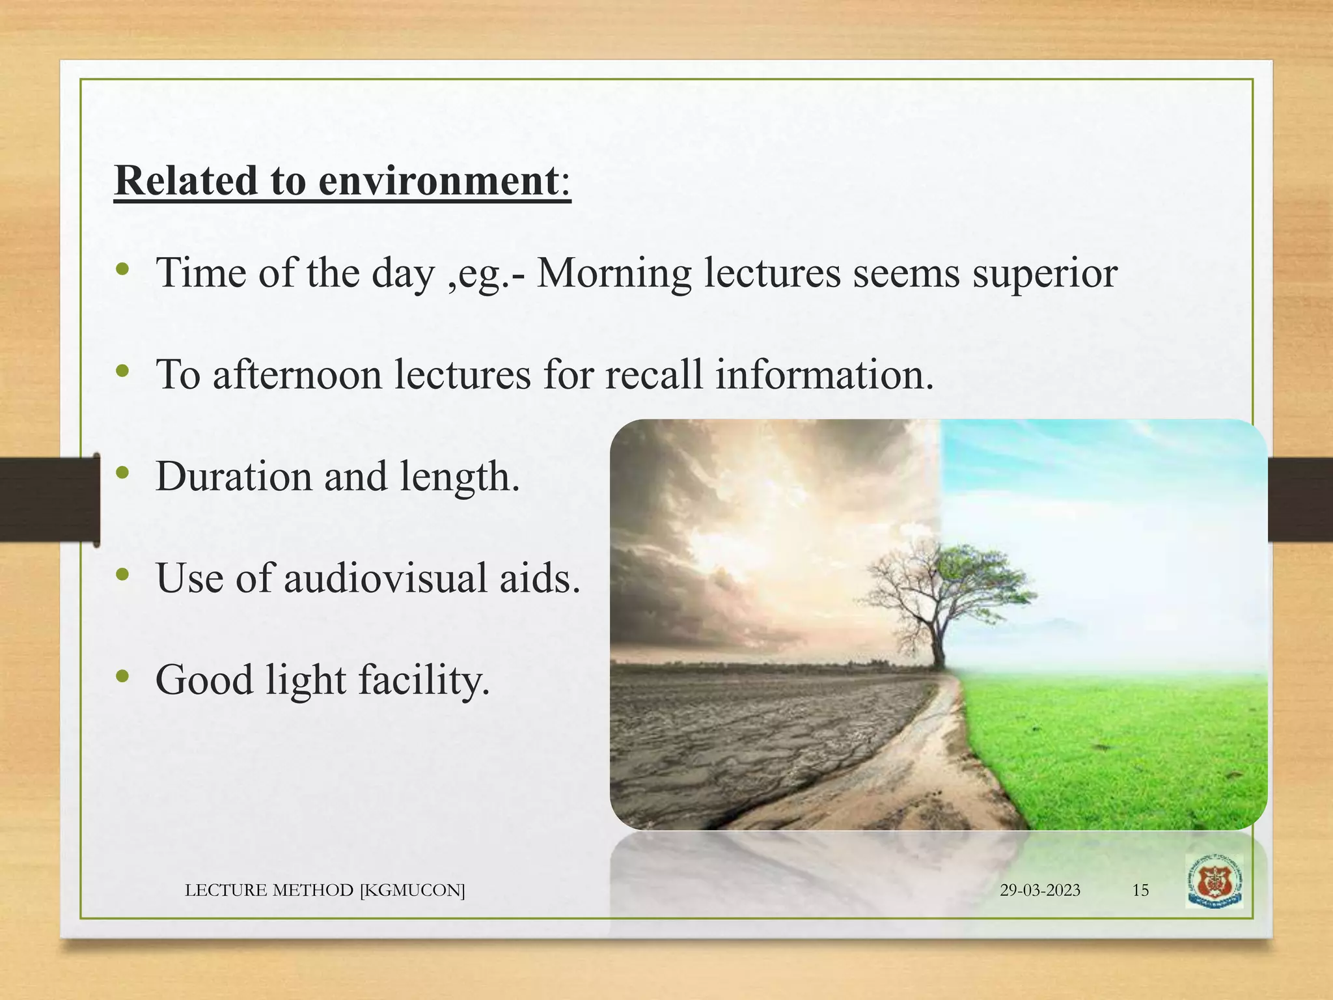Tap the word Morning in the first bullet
click(613, 273)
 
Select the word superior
click(1045, 273)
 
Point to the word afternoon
click(297, 376)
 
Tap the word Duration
click(234, 477)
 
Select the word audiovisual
click(385, 578)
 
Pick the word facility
click(423, 681)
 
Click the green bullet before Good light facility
click(122, 677)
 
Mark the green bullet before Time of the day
click(122, 270)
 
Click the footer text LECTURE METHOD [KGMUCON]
click(325, 890)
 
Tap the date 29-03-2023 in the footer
click(1039, 890)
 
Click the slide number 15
click(1140, 890)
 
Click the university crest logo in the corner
click(1214, 882)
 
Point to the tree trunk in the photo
click(938, 645)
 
